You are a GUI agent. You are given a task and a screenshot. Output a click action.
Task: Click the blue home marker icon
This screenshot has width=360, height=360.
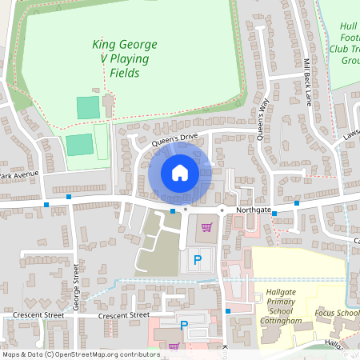[179, 172]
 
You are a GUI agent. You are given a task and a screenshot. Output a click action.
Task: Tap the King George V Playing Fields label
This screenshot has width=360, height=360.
[125, 58]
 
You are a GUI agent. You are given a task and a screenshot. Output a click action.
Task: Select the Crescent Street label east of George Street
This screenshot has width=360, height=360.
[124, 315]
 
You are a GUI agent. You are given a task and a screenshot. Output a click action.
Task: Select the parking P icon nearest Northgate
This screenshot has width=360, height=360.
[197, 261]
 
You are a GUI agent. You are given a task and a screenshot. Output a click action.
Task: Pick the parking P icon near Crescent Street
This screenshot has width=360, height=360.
[183, 326]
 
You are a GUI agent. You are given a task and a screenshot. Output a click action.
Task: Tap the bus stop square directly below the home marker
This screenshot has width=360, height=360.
[173, 210]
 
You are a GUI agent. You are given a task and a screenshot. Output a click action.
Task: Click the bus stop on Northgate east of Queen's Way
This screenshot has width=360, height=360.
[296, 203]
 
